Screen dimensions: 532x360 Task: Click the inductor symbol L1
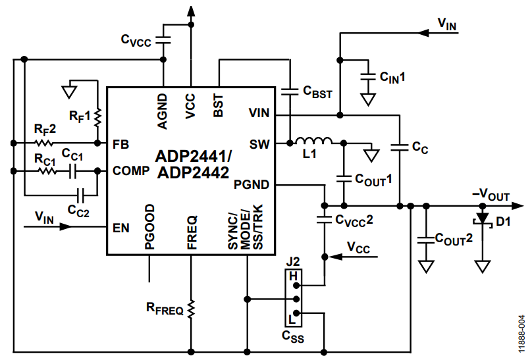[x=313, y=141]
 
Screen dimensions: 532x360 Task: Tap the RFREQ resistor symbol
[x=191, y=309]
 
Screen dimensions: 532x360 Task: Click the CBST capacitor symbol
[x=290, y=91]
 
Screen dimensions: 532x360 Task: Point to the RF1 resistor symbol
[x=97, y=117]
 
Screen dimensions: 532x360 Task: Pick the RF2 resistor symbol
[x=44, y=143]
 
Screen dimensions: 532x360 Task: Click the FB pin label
[x=120, y=145]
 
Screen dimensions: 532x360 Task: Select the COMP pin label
[x=131, y=170]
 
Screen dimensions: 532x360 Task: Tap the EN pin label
[x=121, y=228]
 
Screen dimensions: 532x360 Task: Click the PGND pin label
[x=252, y=185]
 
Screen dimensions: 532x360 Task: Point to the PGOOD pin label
[x=149, y=227]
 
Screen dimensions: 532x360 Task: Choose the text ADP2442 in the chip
[x=193, y=173]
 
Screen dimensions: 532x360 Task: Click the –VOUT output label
[x=491, y=195]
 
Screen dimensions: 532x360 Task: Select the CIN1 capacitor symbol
[x=368, y=76]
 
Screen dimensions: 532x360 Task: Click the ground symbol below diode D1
[x=483, y=267]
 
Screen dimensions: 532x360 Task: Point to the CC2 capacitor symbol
[x=81, y=195]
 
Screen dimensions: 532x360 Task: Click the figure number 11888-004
[x=522, y=334]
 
